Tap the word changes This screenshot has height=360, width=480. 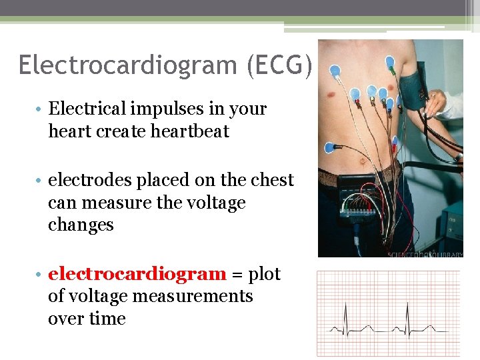pos(81,225)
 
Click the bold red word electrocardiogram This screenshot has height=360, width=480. pos(137,274)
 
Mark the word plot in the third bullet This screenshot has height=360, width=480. pos(264,274)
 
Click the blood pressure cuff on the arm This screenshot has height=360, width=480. pos(415,83)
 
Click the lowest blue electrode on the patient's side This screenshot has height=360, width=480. pos(330,147)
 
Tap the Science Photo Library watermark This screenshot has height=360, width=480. pos(425,253)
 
